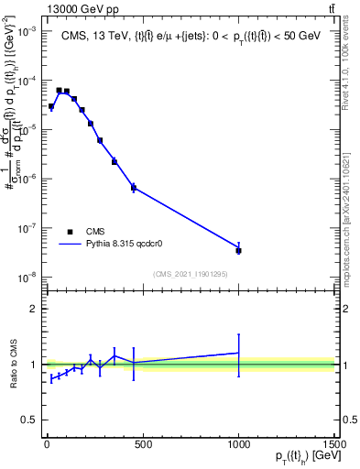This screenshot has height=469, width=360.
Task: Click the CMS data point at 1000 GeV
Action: [238, 250]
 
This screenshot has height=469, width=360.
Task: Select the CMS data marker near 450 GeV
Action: [134, 188]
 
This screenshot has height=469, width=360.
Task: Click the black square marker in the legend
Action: [70, 233]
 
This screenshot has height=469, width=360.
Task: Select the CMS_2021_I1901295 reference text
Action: [190, 274]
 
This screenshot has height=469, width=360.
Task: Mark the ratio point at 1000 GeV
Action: [238, 353]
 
